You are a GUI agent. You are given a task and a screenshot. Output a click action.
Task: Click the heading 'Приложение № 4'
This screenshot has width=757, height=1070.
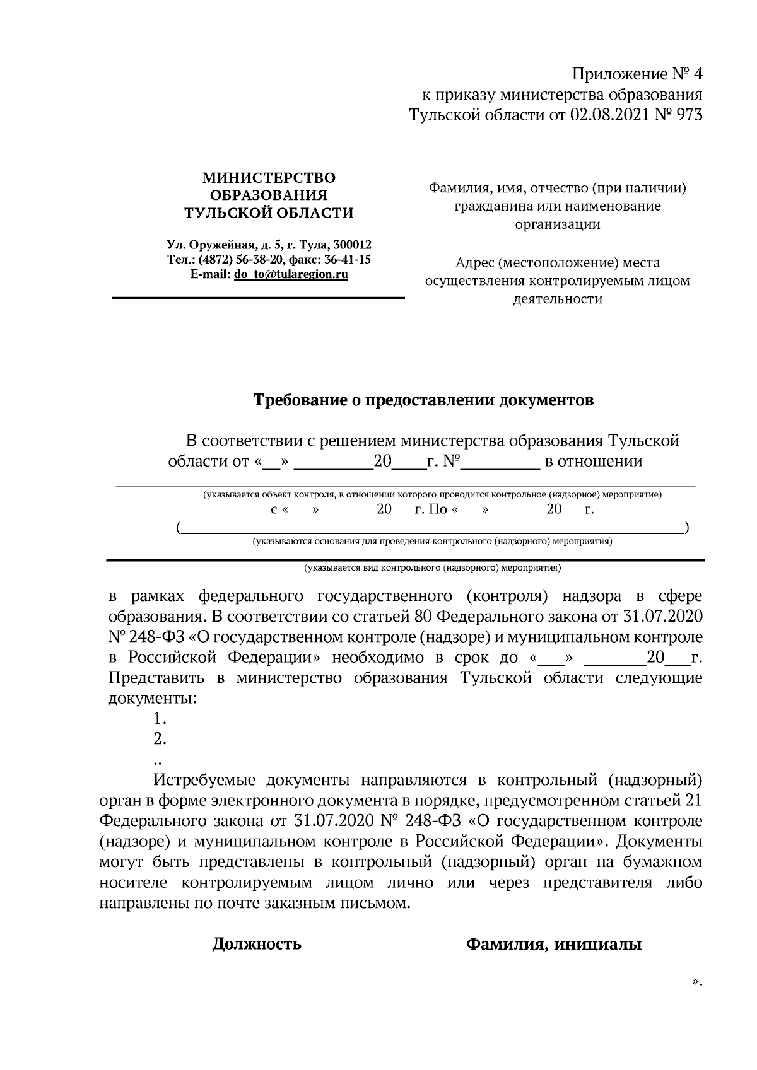click(x=637, y=75)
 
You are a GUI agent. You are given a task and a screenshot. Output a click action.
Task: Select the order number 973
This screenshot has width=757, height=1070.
click(x=688, y=115)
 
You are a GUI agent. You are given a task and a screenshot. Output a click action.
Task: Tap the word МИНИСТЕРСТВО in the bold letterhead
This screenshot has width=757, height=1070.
click(x=269, y=178)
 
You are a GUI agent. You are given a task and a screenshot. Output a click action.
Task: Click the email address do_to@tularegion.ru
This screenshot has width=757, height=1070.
click(x=291, y=274)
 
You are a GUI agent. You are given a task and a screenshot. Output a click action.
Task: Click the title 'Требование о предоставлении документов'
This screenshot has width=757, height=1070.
click(x=423, y=400)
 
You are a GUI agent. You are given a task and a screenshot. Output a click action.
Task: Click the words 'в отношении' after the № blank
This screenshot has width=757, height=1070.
click(x=593, y=462)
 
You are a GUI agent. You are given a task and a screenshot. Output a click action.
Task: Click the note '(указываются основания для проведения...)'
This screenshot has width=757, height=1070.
click(x=433, y=541)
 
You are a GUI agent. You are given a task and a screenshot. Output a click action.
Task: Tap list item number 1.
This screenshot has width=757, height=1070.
click(x=160, y=718)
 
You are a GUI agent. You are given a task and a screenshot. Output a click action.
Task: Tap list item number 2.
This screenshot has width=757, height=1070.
click(x=160, y=739)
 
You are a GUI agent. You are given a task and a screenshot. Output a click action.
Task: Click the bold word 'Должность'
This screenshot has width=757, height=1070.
click(x=257, y=944)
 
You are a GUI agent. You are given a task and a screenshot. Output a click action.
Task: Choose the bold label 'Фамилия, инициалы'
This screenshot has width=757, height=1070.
click(x=553, y=944)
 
